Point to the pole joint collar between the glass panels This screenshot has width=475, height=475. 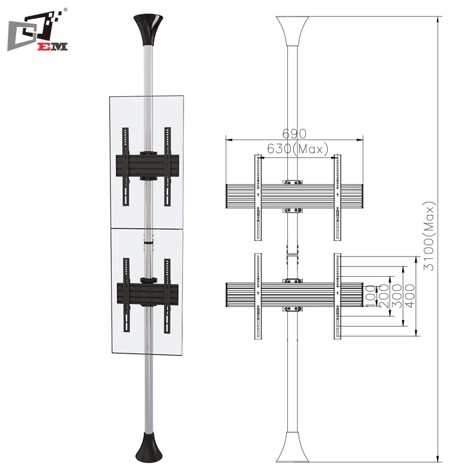tap(147, 243)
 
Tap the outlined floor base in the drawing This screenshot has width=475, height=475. tap(294, 448)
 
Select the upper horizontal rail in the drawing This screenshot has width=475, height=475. tap(294, 196)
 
